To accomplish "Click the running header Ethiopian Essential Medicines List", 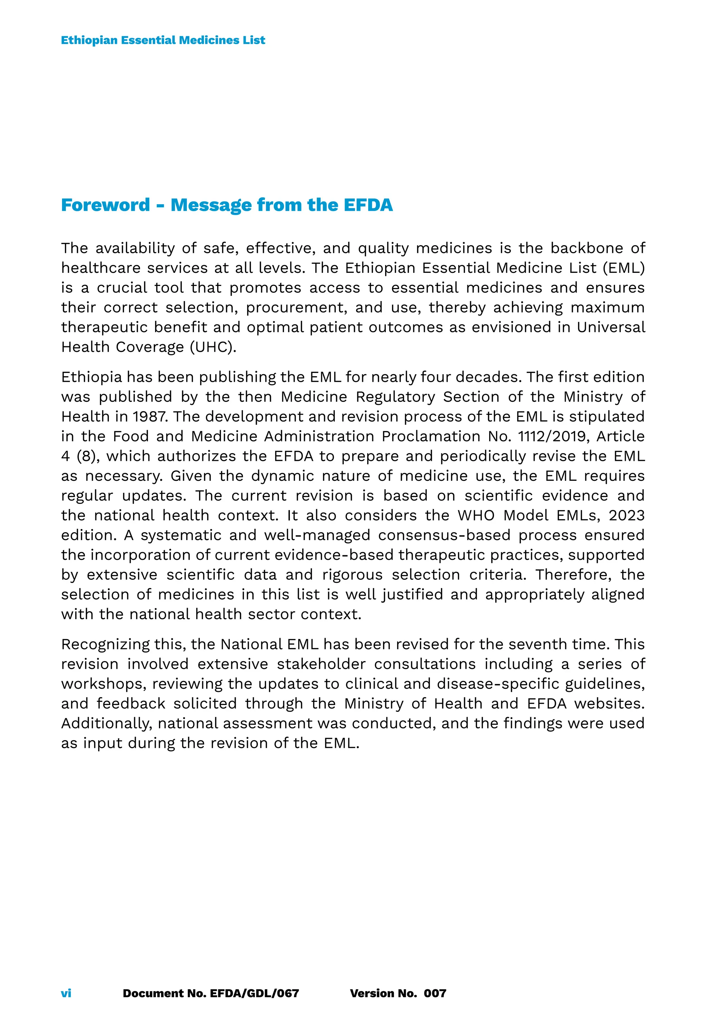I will coord(163,40).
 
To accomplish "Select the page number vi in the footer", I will coord(66,993).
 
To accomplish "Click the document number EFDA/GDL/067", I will coord(254,993).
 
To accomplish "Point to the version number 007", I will coord(435,993).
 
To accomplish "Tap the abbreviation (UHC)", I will coord(213,347).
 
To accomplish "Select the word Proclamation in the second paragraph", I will coord(431,436).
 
